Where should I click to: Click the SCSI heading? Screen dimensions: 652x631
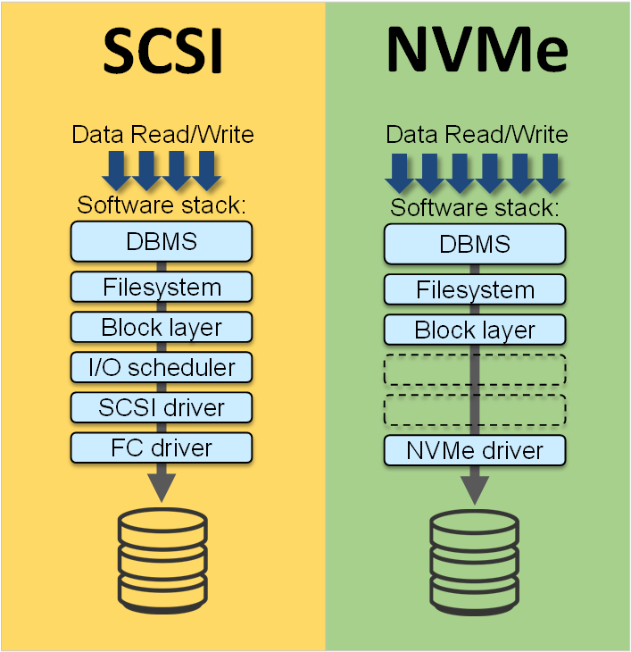coord(162,52)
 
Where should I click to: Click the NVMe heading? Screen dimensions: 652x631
coord(477,52)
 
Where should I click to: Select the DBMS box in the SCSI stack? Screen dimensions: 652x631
coord(162,240)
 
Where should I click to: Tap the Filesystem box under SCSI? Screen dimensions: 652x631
coord(162,288)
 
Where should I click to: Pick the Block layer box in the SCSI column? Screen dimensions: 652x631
coord(162,327)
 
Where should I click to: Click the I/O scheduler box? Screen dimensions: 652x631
coord(162,367)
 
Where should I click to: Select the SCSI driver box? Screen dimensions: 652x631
coord(162,407)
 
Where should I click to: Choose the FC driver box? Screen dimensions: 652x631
coord(162,447)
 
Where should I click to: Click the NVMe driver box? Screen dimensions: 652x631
coord(475,450)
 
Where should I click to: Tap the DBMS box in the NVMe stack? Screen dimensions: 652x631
coord(475,244)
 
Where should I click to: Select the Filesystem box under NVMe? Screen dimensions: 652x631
coord(475,289)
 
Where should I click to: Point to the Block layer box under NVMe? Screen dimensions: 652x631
coord(475,330)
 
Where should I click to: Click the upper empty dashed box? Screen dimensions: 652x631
coord(475,369)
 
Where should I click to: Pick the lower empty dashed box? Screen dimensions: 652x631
coord(475,409)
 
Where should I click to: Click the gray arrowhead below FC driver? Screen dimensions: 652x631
coord(162,483)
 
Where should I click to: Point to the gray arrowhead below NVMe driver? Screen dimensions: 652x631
coord(475,487)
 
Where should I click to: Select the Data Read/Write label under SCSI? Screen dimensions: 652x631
coord(162,135)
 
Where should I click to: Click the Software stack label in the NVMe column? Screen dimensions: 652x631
coord(476,208)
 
